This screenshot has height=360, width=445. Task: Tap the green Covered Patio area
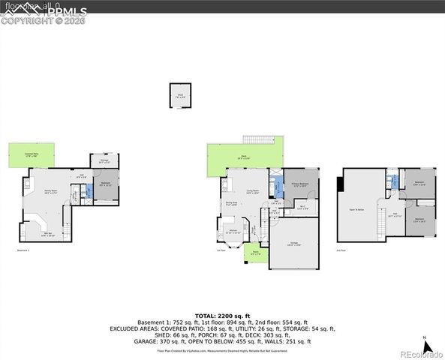click(32, 156)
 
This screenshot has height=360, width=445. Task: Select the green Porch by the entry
click(255, 253)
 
